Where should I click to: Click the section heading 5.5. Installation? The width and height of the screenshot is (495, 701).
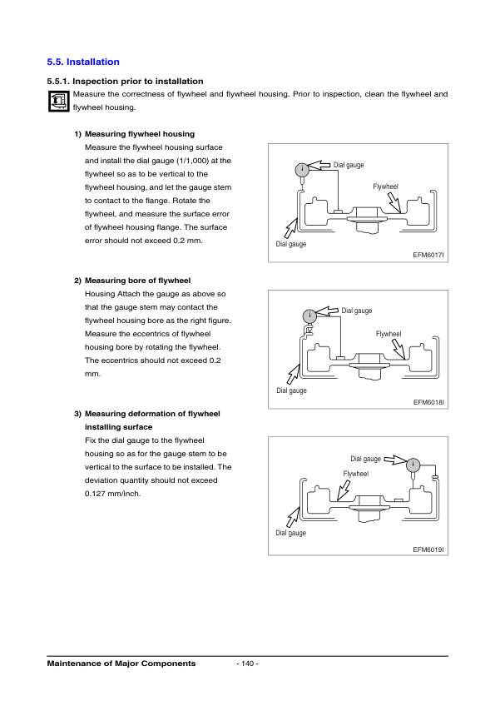pyautogui.click(x=83, y=62)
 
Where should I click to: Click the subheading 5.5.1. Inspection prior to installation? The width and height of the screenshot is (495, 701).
pyautogui.click(x=125, y=82)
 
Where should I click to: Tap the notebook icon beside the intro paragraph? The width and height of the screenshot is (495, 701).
pyautogui.click(x=57, y=102)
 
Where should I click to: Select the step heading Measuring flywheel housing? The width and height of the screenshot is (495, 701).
pyautogui.click(x=140, y=134)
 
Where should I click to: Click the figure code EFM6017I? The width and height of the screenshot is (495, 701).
pyautogui.click(x=428, y=256)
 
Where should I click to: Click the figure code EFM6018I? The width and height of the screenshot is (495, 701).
pyautogui.click(x=428, y=402)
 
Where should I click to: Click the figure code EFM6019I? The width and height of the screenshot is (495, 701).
pyautogui.click(x=428, y=549)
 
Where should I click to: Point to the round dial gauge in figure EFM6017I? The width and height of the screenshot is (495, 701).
pyautogui.click(x=302, y=171)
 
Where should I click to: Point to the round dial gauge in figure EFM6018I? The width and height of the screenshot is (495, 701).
pyautogui.click(x=309, y=316)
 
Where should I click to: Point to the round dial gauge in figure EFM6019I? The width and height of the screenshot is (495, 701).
pyautogui.click(x=413, y=465)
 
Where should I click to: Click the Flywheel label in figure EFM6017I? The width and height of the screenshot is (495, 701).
pyautogui.click(x=385, y=186)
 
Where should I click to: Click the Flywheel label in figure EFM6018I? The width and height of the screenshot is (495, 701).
pyautogui.click(x=388, y=334)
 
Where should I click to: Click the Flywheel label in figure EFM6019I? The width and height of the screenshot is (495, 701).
pyautogui.click(x=355, y=473)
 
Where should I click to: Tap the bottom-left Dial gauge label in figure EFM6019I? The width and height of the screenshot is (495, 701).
pyautogui.click(x=291, y=533)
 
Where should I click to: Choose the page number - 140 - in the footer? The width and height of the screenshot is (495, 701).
pyautogui.click(x=247, y=664)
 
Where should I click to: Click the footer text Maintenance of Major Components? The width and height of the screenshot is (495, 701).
pyautogui.click(x=121, y=664)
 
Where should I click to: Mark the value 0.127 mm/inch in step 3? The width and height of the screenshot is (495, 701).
pyautogui.click(x=113, y=494)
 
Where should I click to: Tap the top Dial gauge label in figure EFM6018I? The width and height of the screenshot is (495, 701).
pyautogui.click(x=357, y=311)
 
